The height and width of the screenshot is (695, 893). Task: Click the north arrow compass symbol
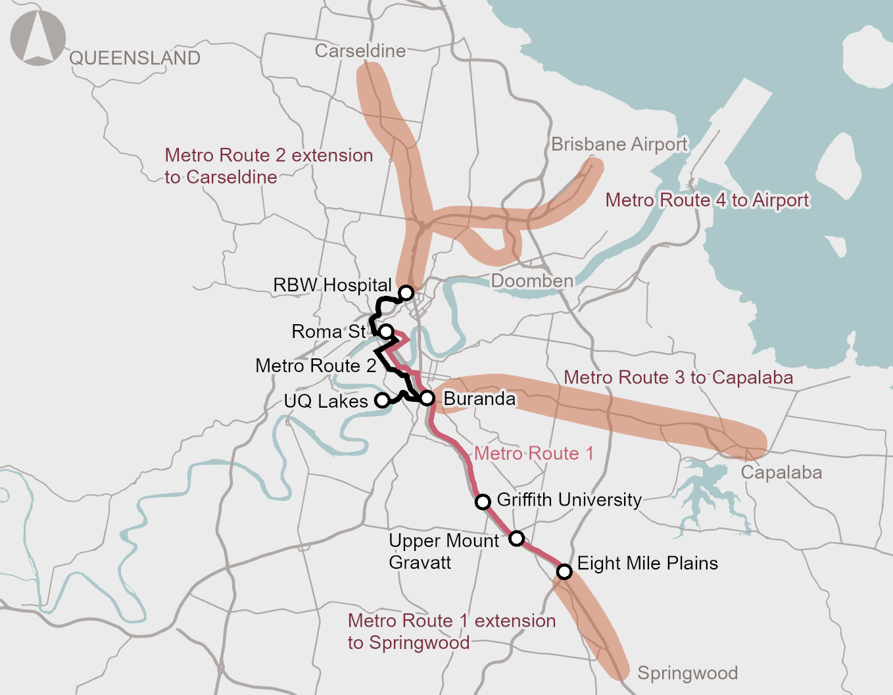coord(38,38)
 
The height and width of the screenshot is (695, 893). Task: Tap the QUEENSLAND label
coord(135,58)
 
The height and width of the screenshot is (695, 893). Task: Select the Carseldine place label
coord(360,51)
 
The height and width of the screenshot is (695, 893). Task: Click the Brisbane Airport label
coord(619,144)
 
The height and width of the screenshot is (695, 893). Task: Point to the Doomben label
coord(532,281)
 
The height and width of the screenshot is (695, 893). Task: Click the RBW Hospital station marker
coord(406,293)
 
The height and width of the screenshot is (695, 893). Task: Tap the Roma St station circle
coord(387,331)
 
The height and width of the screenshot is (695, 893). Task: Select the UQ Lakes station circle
coord(381,400)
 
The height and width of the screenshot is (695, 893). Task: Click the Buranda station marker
coord(427,398)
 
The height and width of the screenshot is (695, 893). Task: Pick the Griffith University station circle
coord(483,502)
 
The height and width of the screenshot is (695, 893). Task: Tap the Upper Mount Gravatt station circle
coord(517,539)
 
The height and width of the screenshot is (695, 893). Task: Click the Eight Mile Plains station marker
coord(564,571)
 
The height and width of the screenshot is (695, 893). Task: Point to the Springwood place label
coord(687,673)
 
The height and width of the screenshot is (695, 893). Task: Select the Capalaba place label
coord(781,472)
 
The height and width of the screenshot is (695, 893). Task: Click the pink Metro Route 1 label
coord(533,453)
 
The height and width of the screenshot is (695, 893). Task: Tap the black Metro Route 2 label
coord(316,366)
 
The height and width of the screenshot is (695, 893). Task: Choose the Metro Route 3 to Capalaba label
coord(678,377)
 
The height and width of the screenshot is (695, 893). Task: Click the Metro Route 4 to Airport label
coord(707,200)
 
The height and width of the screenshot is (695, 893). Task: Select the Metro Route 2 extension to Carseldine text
coord(268,166)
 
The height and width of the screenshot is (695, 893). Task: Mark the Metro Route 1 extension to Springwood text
coord(451,631)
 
